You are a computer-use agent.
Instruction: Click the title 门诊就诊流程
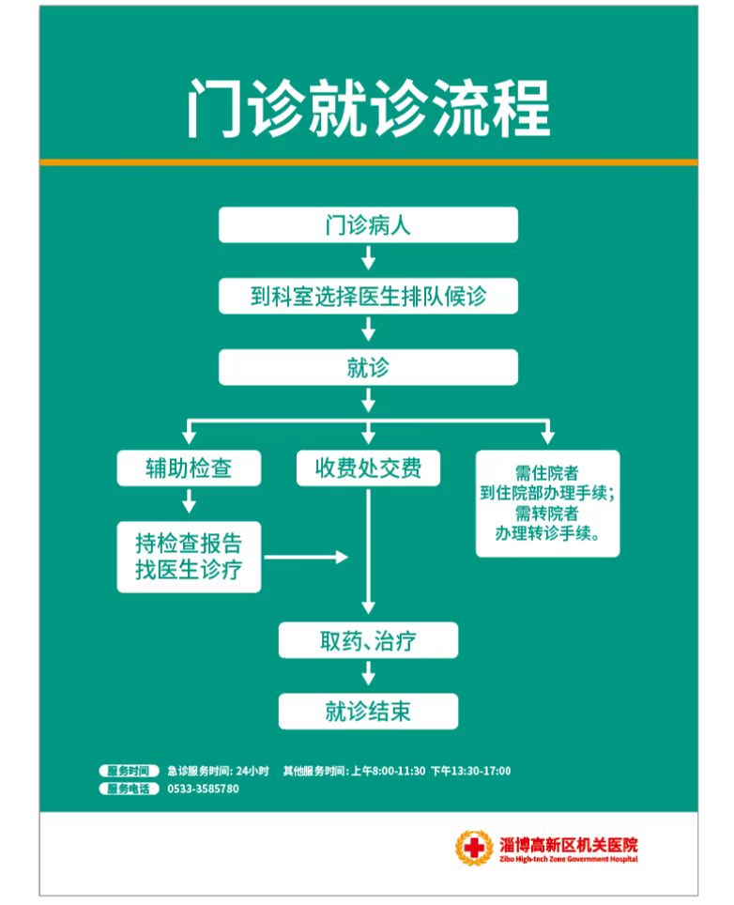[x=368, y=109]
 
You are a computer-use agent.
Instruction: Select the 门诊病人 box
[x=368, y=225]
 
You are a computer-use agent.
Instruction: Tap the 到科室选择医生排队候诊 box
[x=368, y=296]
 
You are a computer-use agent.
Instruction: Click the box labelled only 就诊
[x=368, y=367]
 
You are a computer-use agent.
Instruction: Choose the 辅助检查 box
[x=189, y=468]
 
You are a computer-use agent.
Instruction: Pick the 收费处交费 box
[x=368, y=468]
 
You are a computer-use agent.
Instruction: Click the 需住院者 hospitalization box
[x=547, y=503]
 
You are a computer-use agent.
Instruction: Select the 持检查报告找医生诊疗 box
[x=189, y=557]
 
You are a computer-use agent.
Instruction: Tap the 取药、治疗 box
[x=368, y=640]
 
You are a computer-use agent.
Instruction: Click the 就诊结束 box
[x=368, y=711]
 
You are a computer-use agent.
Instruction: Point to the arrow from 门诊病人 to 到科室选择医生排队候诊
[x=368, y=258]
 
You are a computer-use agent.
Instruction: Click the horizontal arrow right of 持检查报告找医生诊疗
[x=306, y=557]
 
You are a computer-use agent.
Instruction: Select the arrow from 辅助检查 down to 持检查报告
[x=189, y=501]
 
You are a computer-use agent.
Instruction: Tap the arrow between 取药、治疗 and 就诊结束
[x=368, y=673]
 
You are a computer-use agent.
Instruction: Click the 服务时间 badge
[x=129, y=771]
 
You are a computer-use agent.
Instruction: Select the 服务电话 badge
[x=129, y=789]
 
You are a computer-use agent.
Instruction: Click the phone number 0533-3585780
[x=203, y=789]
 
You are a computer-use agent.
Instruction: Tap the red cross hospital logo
[x=474, y=848]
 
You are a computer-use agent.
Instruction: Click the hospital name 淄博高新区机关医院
[x=569, y=845]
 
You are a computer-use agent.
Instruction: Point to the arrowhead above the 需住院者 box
[x=547, y=436]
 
